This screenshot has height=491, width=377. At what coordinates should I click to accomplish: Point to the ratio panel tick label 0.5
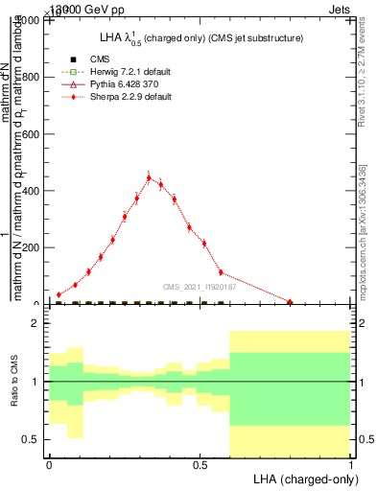click(31, 439)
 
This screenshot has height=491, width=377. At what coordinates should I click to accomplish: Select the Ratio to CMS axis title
click(14, 384)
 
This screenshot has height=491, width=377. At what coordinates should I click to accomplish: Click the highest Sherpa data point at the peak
click(149, 177)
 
